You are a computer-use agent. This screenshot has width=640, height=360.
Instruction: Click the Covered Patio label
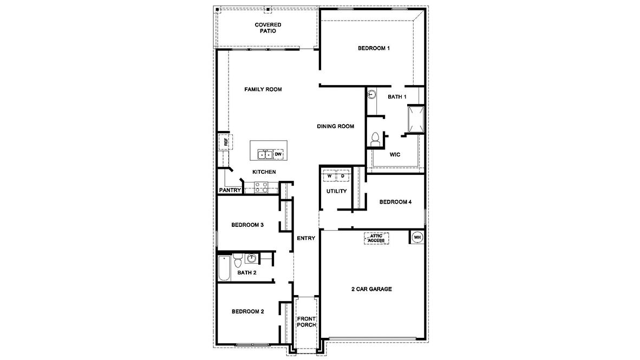[268, 28]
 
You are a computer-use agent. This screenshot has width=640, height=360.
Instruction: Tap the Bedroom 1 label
[374, 48]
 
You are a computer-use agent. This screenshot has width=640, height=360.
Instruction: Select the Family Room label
[263, 89]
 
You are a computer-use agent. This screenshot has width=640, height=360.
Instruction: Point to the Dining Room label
[335, 126]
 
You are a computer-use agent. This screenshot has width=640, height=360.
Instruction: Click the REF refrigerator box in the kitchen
[223, 142]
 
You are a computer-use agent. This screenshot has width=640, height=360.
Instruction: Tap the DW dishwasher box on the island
[278, 154]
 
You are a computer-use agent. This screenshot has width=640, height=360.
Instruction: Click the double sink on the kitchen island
[265, 155]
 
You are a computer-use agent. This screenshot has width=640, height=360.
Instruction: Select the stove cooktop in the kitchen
[261, 187]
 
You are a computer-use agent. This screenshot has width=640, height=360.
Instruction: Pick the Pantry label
[230, 190]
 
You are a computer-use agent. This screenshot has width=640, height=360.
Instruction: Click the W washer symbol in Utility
[329, 176]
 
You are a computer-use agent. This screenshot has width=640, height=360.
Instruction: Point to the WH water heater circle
[417, 237]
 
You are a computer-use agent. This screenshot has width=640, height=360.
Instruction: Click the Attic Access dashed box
[376, 238]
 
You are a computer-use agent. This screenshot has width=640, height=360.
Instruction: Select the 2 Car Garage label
[371, 289]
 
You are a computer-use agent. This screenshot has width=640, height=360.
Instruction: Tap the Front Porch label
[306, 322]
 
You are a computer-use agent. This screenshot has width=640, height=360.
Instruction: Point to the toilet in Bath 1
[374, 139]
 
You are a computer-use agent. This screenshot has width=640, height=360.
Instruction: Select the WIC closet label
[395, 154]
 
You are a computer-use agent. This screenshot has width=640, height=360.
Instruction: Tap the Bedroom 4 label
[395, 202]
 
